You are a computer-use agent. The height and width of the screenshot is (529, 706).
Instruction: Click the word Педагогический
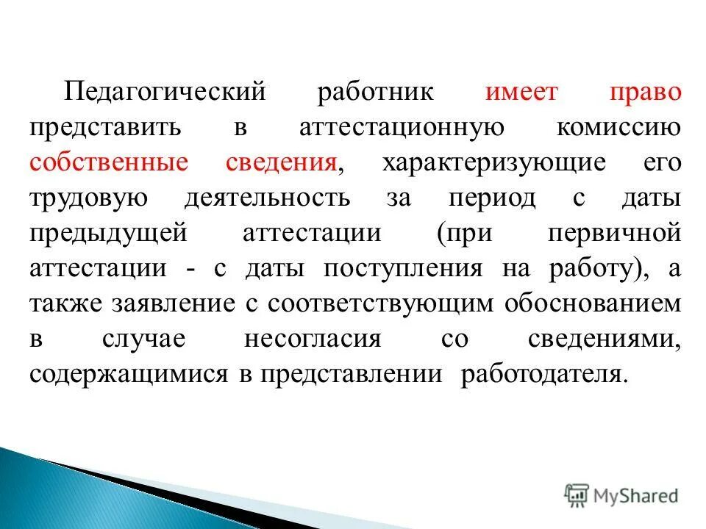163,94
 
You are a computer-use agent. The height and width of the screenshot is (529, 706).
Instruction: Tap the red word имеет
521,94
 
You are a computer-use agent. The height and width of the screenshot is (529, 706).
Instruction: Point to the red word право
644,94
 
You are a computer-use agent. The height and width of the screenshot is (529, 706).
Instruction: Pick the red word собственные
109,163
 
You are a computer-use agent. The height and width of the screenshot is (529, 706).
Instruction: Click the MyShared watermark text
638,496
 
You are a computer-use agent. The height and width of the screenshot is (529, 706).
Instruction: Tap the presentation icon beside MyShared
577,496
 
